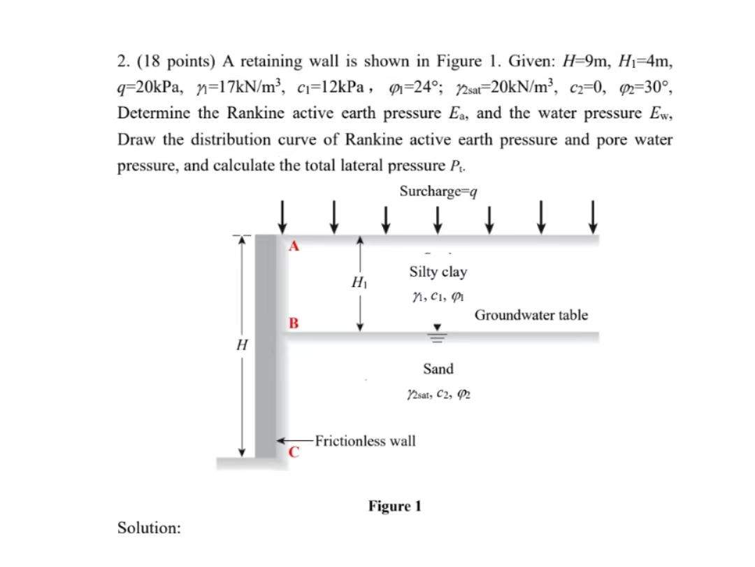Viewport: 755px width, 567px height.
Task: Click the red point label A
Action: [x=294, y=246]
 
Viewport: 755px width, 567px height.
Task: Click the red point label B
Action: [x=294, y=323]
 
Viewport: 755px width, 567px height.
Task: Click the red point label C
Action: [x=294, y=452]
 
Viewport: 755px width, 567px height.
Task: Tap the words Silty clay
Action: [x=438, y=272]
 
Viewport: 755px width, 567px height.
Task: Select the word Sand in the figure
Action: [x=438, y=369]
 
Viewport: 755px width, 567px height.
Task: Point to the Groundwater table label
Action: [x=531, y=315]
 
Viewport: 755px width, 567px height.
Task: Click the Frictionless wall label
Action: [x=365, y=441]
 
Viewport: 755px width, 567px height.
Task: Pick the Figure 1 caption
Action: [x=395, y=506]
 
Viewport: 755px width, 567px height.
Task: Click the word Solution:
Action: [x=148, y=528]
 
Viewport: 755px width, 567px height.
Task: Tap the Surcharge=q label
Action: [x=439, y=191]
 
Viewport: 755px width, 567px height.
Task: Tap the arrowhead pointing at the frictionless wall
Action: [x=282, y=441]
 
